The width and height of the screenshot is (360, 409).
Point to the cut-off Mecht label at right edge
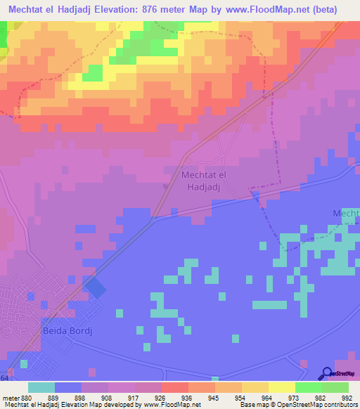345,213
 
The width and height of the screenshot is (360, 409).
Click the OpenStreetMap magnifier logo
326,373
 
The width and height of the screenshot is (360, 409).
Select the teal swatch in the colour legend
41,387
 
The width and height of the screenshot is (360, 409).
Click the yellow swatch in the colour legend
281,387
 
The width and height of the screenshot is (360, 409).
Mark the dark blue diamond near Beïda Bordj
94,287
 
